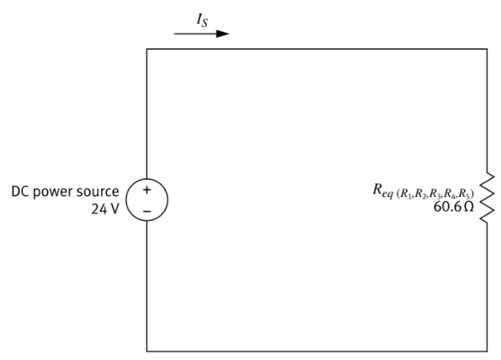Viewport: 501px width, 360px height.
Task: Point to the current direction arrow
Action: [202, 34]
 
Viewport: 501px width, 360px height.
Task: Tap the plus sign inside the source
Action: [147, 191]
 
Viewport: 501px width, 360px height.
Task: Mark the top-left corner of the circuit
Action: [147, 50]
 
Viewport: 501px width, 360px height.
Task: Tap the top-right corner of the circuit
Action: [485, 50]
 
